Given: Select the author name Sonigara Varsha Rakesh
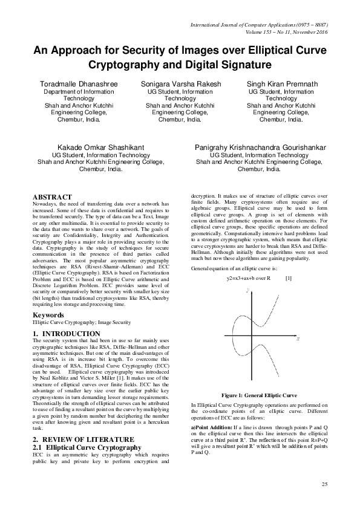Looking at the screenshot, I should click(x=180, y=83).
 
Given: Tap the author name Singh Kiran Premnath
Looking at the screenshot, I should click(x=281, y=83).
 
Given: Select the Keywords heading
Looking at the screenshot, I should click(x=48, y=316).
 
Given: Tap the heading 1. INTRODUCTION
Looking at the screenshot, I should click(x=67, y=334).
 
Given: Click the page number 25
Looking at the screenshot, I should click(x=324, y=485).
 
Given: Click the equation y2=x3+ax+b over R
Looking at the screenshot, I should click(x=248, y=278).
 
